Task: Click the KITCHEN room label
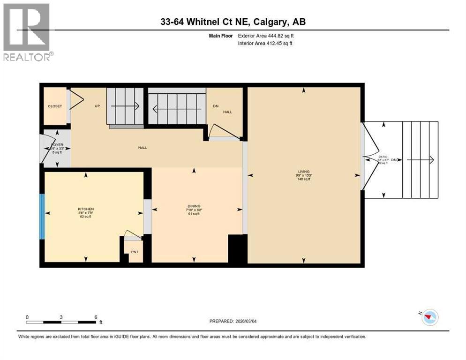click(86, 209)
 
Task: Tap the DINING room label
click(194, 206)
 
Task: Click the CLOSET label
click(55, 106)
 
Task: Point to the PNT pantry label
click(135, 252)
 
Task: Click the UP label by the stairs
click(98, 106)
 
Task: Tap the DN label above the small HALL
click(216, 106)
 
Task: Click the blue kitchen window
click(42, 217)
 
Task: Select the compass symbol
click(429, 317)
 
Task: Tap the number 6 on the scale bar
click(96, 317)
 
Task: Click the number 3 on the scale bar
click(61, 317)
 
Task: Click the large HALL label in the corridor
click(143, 147)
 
